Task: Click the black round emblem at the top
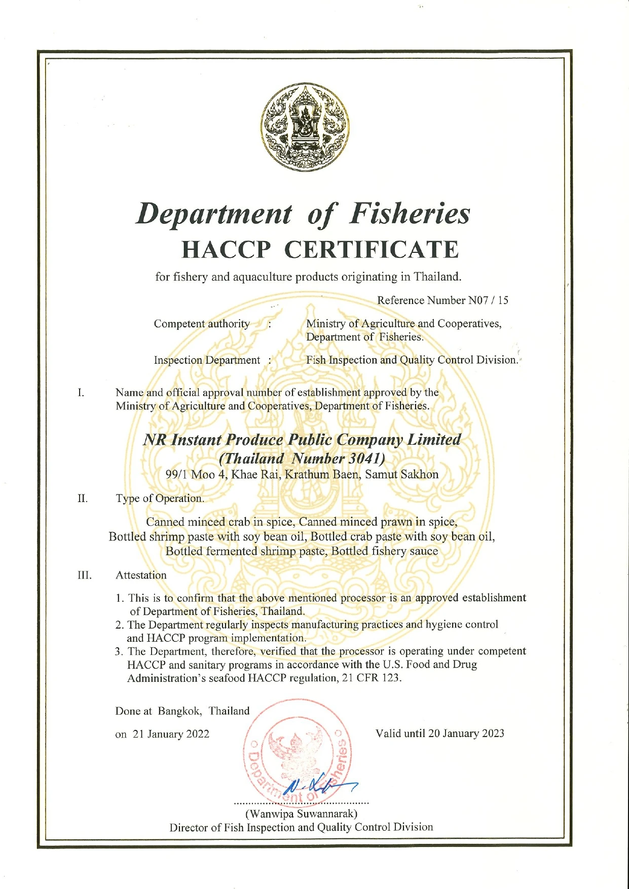(305, 127)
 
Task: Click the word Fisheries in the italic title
(410, 213)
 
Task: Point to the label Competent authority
(202, 324)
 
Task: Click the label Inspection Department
(207, 360)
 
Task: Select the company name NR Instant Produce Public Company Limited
(302, 440)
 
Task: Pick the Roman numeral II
(83, 498)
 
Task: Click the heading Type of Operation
(160, 498)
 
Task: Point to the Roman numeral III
(84, 575)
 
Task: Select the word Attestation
(141, 575)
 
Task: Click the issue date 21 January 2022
(171, 735)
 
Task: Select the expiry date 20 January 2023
(466, 733)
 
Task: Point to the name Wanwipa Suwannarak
(302, 814)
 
